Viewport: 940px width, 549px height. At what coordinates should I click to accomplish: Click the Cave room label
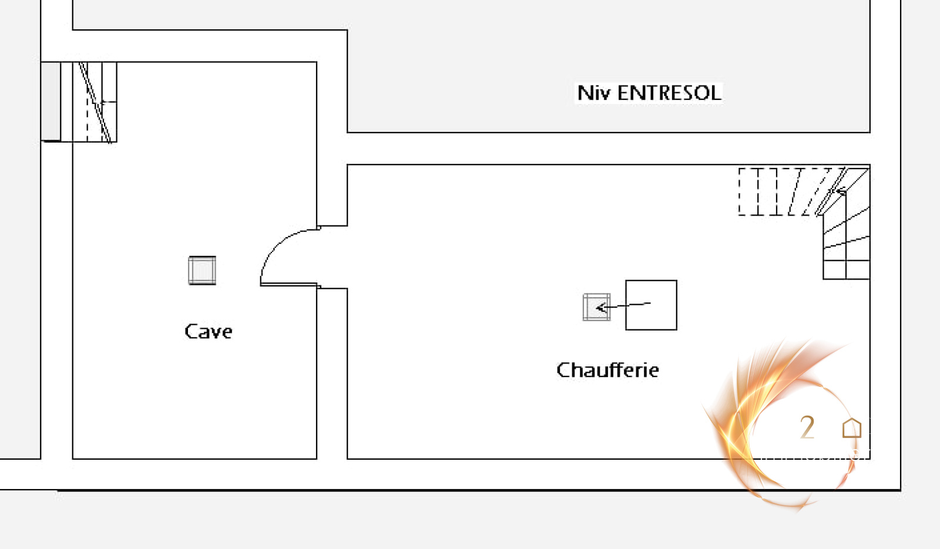tap(208, 332)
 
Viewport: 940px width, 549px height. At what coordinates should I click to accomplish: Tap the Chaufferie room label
tap(607, 370)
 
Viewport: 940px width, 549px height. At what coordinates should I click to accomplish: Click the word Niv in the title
tap(593, 93)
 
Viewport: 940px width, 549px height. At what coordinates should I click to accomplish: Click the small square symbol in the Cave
tap(202, 270)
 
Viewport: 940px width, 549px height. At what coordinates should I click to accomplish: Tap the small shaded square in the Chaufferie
tap(596, 307)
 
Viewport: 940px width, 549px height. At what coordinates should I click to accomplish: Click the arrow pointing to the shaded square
tap(623, 305)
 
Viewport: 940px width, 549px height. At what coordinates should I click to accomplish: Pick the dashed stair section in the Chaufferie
tap(775, 191)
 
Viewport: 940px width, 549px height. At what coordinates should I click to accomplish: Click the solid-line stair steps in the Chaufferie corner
tap(846, 247)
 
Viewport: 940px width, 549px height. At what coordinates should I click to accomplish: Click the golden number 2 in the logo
tap(807, 427)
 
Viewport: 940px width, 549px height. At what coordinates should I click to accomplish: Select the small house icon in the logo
tap(851, 428)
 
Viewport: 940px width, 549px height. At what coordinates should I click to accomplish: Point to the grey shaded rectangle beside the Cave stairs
tap(51, 101)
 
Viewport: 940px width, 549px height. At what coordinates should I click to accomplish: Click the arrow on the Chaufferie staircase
tap(840, 191)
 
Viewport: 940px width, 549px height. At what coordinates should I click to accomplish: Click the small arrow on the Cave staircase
tap(107, 102)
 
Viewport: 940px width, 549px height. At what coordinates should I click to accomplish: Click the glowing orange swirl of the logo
tap(734, 423)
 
